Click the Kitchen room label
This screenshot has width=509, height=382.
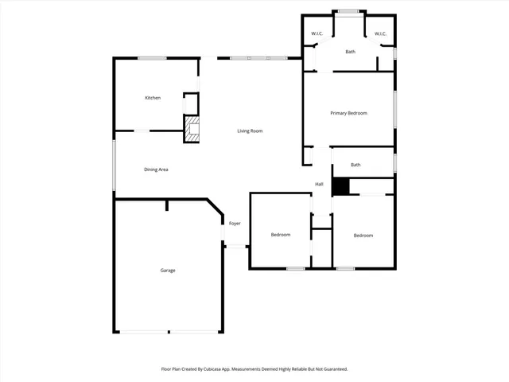(x=153, y=98)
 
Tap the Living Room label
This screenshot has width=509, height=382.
(x=250, y=131)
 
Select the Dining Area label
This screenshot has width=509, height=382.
(x=156, y=170)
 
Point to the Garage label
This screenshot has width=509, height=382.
(x=168, y=271)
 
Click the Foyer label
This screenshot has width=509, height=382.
(x=235, y=224)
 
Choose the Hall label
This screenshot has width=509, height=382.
(x=319, y=184)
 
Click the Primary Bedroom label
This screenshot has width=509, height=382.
(x=348, y=113)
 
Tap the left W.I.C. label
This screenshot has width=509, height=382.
(x=316, y=33)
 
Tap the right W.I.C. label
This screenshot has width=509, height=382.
(x=380, y=33)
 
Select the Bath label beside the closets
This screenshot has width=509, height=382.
(x=350, y=52)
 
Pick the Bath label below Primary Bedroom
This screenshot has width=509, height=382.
(x=356, y=165)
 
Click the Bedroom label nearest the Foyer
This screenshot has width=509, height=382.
(x=280, y=235)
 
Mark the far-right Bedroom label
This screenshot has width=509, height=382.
(x=363, y=236)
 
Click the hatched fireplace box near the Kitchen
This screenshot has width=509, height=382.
(x=191, y=131)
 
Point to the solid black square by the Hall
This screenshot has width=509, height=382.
(x=340, y=186)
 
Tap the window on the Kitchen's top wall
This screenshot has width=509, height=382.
(x=151, y=57)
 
